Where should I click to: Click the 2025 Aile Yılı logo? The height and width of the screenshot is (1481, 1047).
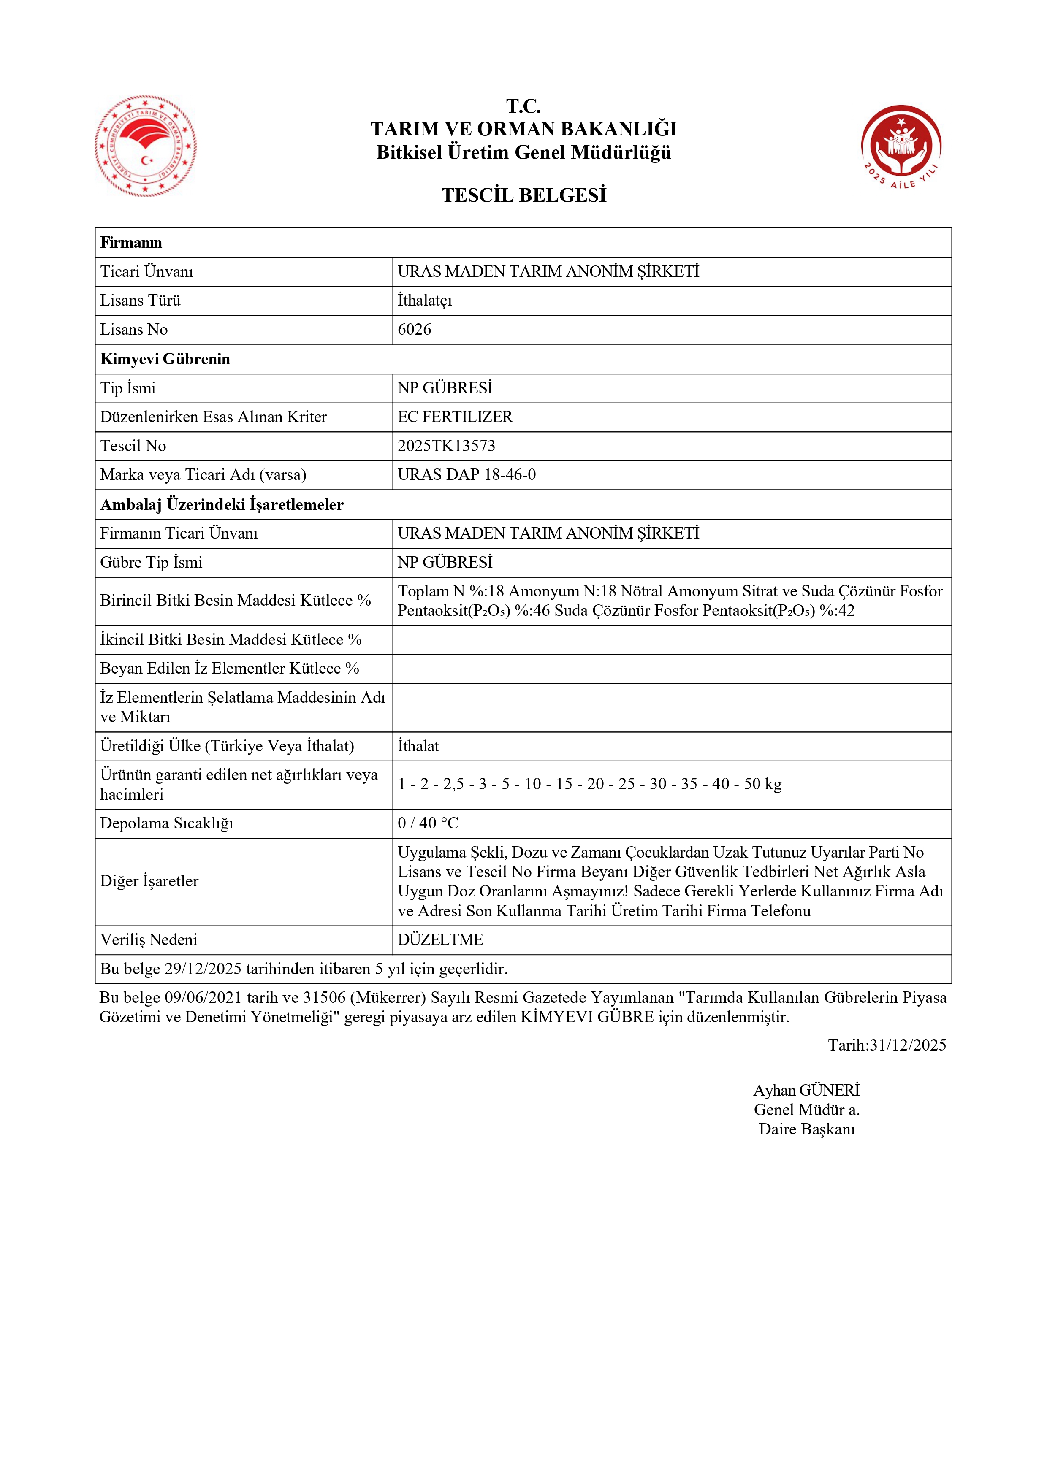tap(901, 147)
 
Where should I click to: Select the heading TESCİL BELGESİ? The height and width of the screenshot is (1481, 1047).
tap(524, 195)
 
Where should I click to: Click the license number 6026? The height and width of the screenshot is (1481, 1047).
tap(414, 330)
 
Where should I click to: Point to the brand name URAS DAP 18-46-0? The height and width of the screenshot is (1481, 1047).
tap(467, 475)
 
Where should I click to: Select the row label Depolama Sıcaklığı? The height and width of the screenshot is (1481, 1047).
tap(166, 824)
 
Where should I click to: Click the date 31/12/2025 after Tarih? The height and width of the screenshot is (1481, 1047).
tap(908, 1045)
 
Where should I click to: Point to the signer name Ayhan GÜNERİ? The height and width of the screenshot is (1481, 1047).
tap(806, 1091)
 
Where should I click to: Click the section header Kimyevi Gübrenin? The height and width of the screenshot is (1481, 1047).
tap(165, 359)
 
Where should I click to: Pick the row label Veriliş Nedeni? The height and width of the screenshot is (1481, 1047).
tap(148, 940)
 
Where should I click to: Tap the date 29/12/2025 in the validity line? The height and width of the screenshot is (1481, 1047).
tap(203, 969)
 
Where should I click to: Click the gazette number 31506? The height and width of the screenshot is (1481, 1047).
tap(325, 998)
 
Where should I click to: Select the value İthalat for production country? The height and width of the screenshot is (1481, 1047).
tap(418, 746)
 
